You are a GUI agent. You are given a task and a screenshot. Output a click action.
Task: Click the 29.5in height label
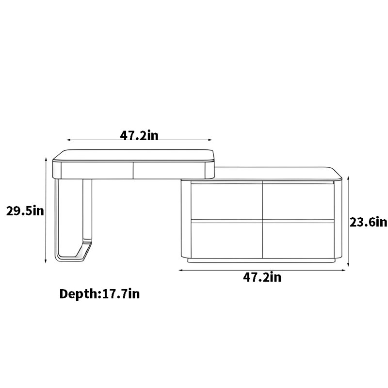[25, 211]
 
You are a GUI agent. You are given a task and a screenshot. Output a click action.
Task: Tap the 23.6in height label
[368, 222]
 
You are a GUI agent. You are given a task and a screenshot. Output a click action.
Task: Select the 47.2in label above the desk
[139, 135]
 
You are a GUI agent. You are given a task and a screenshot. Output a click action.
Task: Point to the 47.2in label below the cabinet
[262, 277]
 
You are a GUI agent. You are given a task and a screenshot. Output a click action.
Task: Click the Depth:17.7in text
[99, 294]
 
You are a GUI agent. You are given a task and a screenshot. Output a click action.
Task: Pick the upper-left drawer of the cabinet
[226, 201]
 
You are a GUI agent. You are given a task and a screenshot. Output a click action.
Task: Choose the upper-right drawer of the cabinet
[298, 201]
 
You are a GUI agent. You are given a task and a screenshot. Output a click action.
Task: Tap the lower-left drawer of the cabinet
[226, 240]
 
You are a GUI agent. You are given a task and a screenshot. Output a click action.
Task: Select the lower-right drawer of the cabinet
[298, 240]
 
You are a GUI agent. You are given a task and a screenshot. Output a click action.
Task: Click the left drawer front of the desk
[97, 170]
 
